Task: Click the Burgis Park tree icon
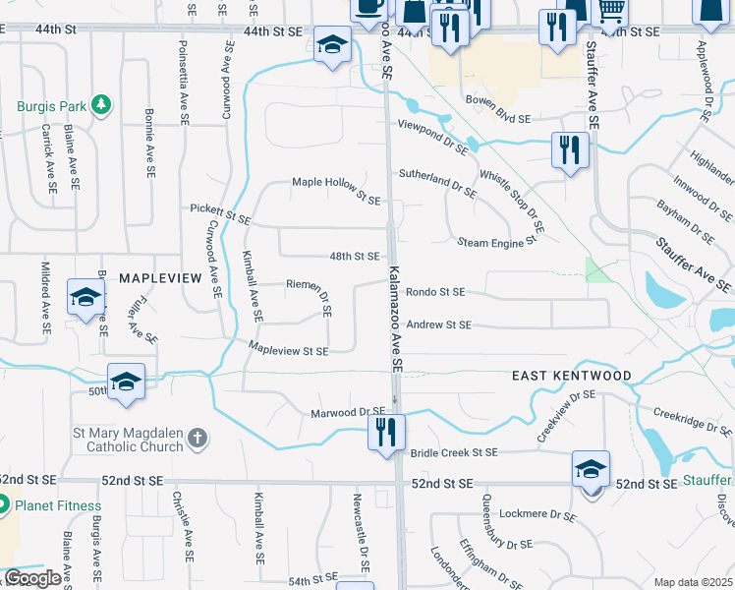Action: (100, 104)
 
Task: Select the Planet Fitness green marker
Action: (3, 506)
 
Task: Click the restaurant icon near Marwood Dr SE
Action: (385, 431)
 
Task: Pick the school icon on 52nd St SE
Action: (591, 468)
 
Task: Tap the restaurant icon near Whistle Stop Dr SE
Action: (570, 149)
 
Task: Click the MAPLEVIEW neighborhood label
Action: (159, 279)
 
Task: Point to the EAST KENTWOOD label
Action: (571, 377)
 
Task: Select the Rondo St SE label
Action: (435, 292)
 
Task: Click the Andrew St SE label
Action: (438, 324)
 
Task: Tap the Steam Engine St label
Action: (497, 240)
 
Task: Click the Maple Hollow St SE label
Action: (336, 191)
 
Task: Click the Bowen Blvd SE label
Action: (497, 109)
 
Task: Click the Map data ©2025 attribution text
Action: (693, 582)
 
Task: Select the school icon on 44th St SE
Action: (332, 44)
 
